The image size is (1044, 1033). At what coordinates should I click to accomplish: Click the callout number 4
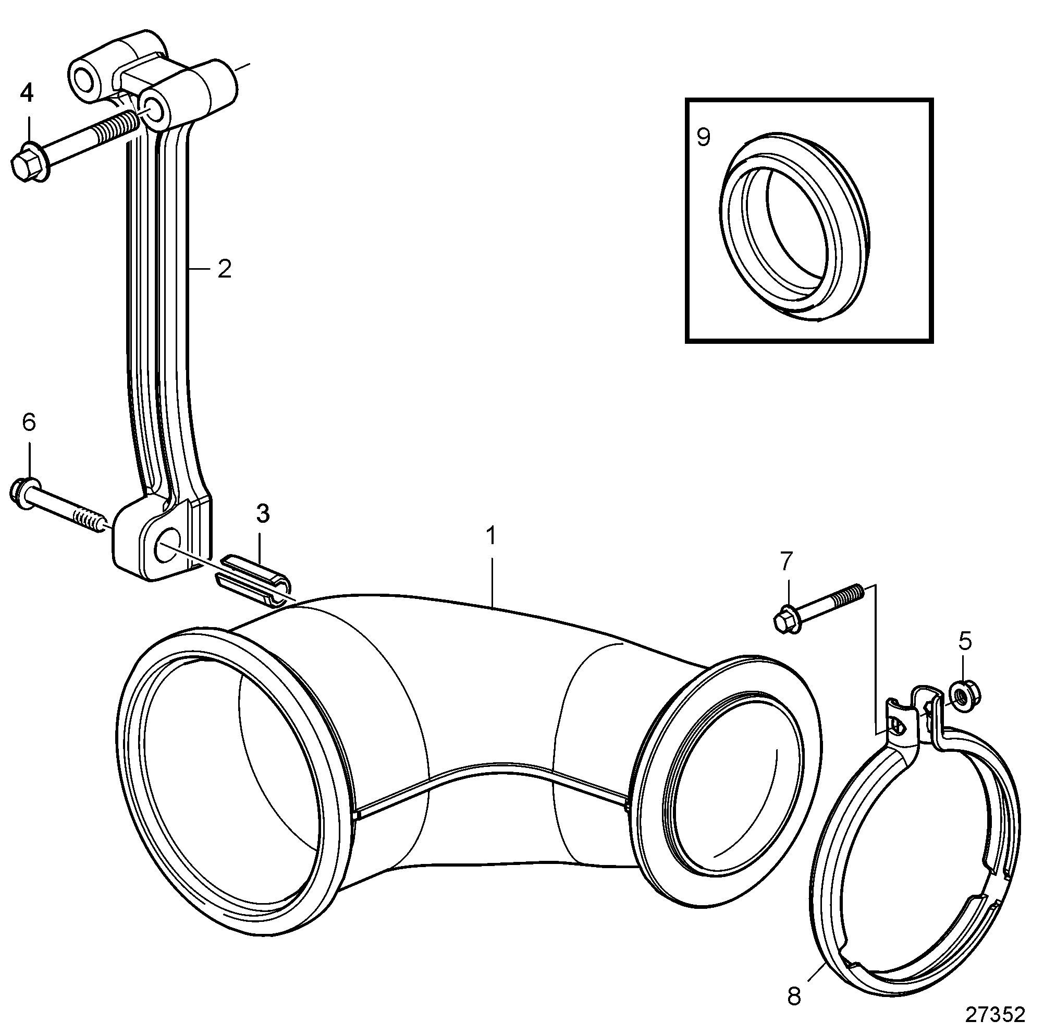click(27, 93)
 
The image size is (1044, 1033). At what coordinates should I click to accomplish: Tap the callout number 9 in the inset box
click(703, 137)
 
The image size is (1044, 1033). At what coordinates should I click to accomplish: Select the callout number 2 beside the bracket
click(224, 269)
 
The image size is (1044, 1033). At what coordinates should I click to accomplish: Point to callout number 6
click(29, 422)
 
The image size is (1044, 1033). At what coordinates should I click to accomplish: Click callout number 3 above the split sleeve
click(263, 514)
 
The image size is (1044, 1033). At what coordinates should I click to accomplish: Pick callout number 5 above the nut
click(965, 641)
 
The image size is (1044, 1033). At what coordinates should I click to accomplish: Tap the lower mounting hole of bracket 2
click(163, 546)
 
